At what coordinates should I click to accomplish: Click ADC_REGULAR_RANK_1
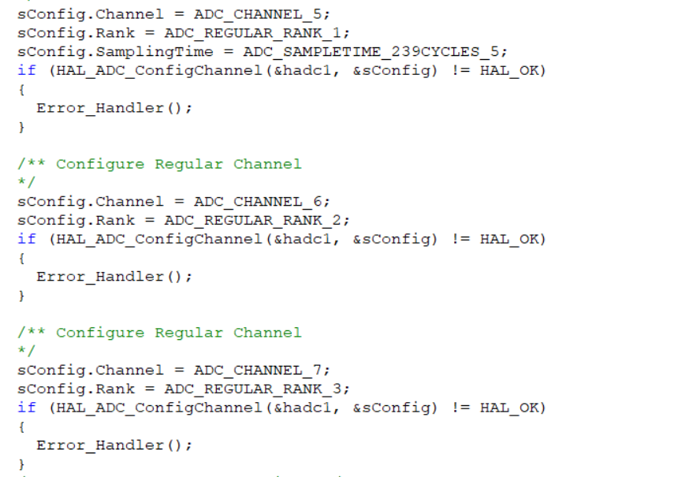(x=257, y=33)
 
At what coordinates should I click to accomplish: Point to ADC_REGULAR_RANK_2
(x=257, y=220)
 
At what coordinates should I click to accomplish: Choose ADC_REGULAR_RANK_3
(x=257, y=389)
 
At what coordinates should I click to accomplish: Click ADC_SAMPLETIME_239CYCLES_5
(x=375, y=52)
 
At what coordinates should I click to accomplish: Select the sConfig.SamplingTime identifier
(x=115, y=52)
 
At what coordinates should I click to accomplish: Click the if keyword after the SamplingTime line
(x=26, y=71)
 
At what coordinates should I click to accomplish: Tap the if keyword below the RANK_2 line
(x=26, y=239)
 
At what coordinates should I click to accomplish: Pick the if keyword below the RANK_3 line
(x=26, y=408)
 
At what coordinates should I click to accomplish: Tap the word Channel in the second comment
(x=267, y=333)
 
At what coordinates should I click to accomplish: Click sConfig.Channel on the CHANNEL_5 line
(x=91, y=14)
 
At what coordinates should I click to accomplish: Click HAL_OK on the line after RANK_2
(x=512, y=239)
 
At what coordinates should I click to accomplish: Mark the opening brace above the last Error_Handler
(x=21, y=427)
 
